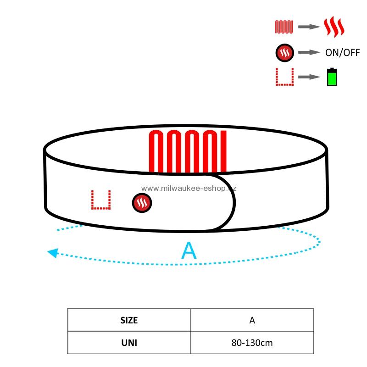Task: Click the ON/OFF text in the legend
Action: pos(342,53)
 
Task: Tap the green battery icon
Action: pos(332,77)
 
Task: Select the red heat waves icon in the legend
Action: pos(334,27)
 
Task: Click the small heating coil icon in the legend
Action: pos(284,27)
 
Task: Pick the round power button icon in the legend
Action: pos(284,53)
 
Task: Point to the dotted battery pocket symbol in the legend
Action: pos(284,77)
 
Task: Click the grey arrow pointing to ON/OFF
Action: pos(309,52)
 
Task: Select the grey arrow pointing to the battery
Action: pos(309,77)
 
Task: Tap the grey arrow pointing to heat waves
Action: pos(309,27)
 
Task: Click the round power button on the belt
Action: pos(142,203)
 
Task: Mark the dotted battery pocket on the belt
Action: pos(101,200)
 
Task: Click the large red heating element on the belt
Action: pos(188,152)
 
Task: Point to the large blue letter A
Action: pos(189,250)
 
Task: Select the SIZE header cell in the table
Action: pos(129,320)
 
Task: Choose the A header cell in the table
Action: pos(252,320)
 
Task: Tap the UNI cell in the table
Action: pos(129,343)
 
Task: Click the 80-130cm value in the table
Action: pos(252,343)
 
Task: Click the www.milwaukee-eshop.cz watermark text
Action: pos(189,189)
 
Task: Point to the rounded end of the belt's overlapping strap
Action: pos(234,203)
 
